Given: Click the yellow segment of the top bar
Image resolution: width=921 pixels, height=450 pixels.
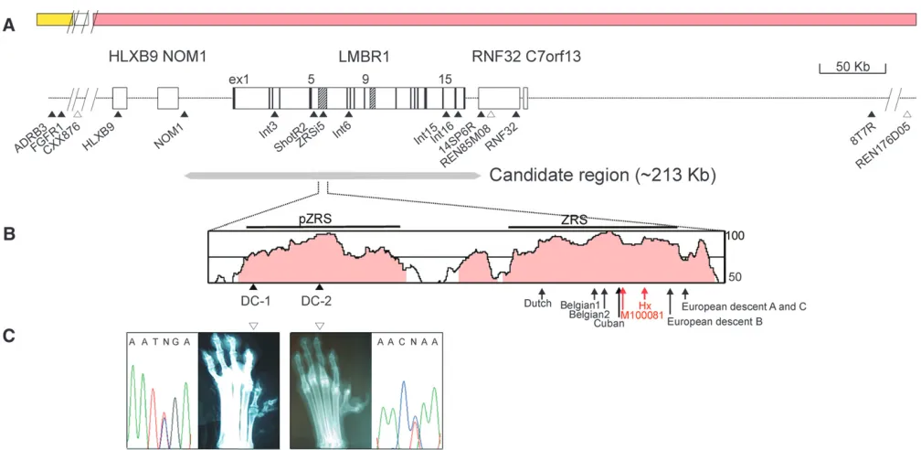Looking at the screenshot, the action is tap(54, 19).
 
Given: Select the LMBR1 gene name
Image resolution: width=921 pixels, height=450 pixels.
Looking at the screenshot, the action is tap(365, 57).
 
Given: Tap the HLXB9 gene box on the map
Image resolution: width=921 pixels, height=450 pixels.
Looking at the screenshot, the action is tap(119, 97).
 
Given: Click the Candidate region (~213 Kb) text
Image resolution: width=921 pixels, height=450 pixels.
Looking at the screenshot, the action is tap(601, 176).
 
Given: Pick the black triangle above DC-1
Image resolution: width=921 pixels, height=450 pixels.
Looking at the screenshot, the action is tap(252, 286).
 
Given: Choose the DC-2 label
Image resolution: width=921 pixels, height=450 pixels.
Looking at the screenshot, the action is tap(316, 301).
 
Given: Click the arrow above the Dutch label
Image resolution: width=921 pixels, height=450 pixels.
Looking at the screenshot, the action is tap(542, 293).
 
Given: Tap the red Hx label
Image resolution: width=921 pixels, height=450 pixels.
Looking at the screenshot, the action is tap(645, 306).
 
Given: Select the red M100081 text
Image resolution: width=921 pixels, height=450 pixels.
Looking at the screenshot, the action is tap(642, 316).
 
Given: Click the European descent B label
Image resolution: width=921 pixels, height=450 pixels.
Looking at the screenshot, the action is tap(715, 322).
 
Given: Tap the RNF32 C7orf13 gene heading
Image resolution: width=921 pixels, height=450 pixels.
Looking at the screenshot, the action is tap(527, 57).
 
